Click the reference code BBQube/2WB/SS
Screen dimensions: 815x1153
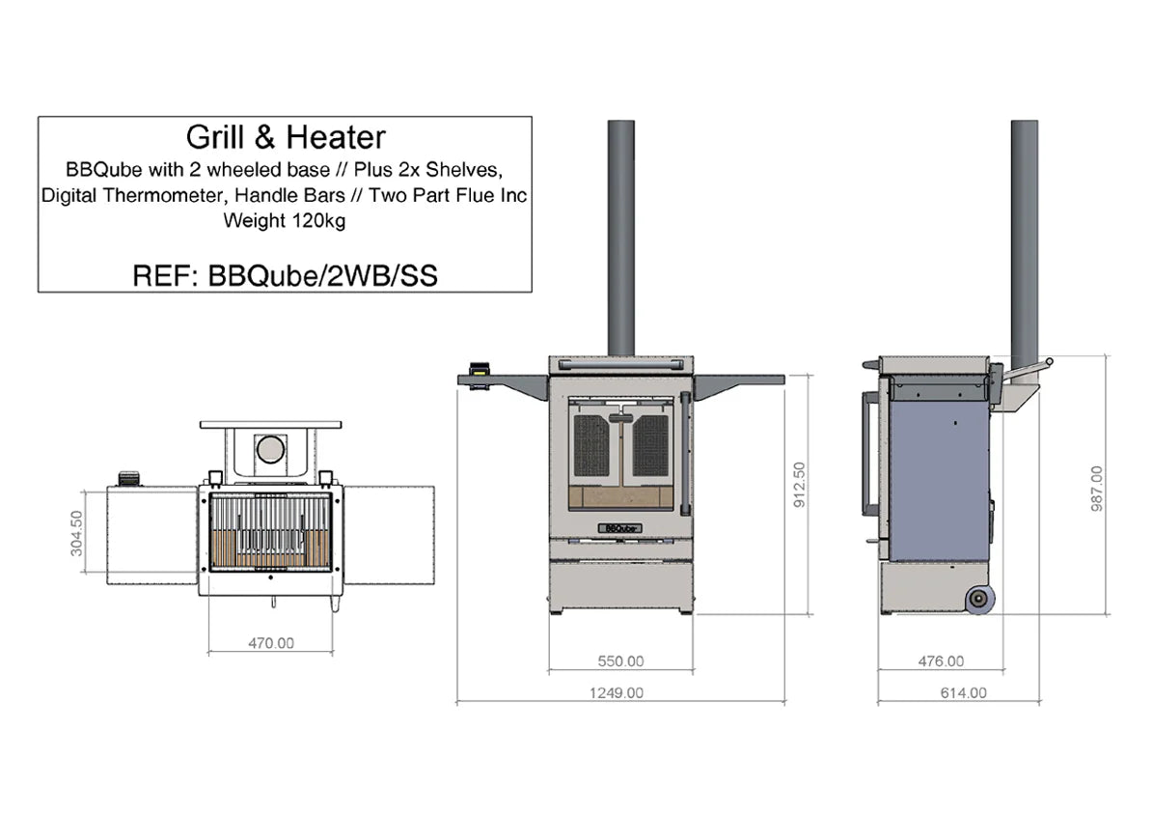(x=285, y=276)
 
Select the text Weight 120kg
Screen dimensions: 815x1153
(x=285, y=220)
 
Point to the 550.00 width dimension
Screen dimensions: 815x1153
(x=619, y=661)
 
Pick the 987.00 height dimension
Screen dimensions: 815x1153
(x=1096, y=489)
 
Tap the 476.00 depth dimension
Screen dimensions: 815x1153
(x=940, y=661)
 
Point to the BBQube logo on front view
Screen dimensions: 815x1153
(x=619, y=528)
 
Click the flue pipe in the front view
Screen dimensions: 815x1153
(x=619, y=237)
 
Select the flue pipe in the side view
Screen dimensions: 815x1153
(x=1024, y=237)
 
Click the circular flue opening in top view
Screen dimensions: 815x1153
(x=269, y=449)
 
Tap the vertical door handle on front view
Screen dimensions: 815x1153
(x=685, y=454)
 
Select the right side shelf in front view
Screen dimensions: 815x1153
(x=737, y=383)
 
